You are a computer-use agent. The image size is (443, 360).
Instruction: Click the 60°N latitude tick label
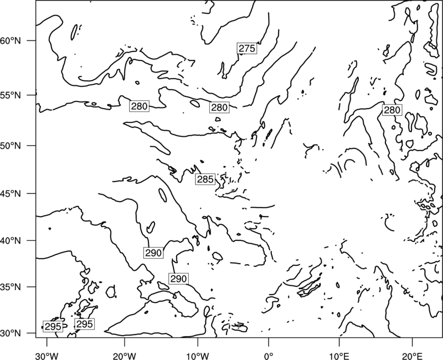pos(11,41)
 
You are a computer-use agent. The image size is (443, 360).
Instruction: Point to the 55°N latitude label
pos(11,95)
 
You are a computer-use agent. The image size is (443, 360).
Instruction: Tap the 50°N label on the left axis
pos(11,146)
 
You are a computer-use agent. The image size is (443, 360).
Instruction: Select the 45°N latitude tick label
pos(11,193)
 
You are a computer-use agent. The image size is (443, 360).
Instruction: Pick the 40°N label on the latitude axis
pos(11,241)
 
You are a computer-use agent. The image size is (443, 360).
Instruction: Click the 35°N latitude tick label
pos(11,287)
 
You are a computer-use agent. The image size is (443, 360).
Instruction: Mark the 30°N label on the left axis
pos(11,333)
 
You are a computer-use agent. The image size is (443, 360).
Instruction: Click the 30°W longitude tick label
pos(47,356)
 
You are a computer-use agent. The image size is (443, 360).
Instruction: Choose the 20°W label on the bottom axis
pos(125,356)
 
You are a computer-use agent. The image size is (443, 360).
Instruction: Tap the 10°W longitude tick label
pos(198,356)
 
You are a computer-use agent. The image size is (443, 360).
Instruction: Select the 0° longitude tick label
pos(269,356)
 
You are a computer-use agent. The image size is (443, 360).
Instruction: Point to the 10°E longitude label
pos(339,356)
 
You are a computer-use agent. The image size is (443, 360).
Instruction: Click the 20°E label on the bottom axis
pos(413,356)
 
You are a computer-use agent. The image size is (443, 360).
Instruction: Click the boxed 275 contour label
pos(247,48)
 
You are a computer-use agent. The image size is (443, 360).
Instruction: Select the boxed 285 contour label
pos(205,179)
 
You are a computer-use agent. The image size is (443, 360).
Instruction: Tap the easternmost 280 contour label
pos(392,110)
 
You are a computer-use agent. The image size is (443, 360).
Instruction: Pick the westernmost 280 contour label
pos(140,106)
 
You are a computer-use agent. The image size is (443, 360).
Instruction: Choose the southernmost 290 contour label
pos(178,279)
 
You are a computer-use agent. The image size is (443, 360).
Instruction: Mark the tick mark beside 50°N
pos(32,146)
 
